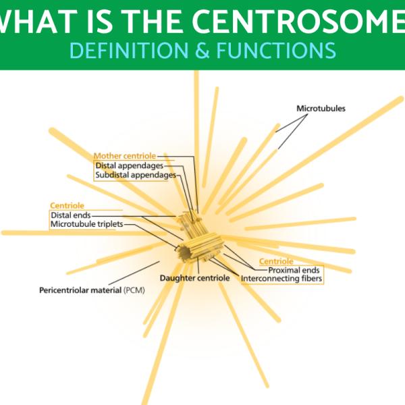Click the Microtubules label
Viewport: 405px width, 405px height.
pos(321,108)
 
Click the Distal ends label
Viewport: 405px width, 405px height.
pos(70,215)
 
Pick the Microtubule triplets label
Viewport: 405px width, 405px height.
pos(87,224)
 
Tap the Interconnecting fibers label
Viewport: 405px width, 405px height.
pos(281,278)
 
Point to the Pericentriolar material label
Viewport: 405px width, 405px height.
pos(80,290)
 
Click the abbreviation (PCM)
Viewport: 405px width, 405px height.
pos(135,290)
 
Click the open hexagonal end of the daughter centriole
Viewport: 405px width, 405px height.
pos(184,252)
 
